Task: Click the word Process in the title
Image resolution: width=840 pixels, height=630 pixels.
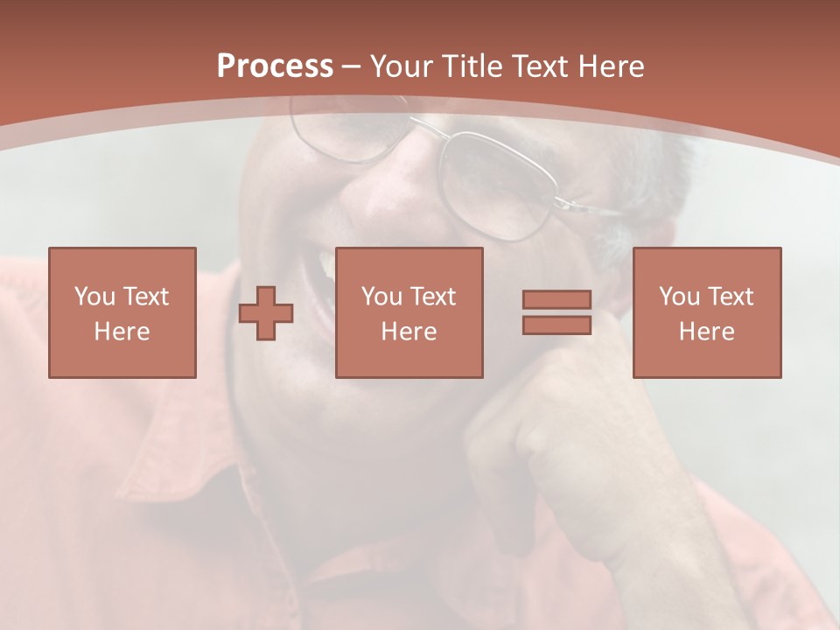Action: (275, 66)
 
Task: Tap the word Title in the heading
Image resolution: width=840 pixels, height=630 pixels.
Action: (472, 66)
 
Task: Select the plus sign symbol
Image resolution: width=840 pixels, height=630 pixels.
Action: (266, 313)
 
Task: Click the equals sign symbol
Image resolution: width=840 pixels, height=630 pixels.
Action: (556, 312)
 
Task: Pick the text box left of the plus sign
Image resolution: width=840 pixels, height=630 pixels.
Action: (122, 312)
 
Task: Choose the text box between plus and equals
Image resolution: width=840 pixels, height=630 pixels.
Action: (409, 312)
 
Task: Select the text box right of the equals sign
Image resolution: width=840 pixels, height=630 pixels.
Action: (706, 312)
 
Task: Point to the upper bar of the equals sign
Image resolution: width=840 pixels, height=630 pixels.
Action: (556, 300)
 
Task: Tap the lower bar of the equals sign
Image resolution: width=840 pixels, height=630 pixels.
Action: (556, 325)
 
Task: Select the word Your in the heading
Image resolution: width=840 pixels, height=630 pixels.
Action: (402, 66)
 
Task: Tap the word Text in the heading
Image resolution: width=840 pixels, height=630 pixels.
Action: (541, 66)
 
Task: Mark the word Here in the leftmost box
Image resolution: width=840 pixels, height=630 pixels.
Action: (122, 332)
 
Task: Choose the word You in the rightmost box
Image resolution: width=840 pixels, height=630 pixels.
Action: (679, 297)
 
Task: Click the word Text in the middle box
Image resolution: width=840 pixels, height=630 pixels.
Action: (433, 297)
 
